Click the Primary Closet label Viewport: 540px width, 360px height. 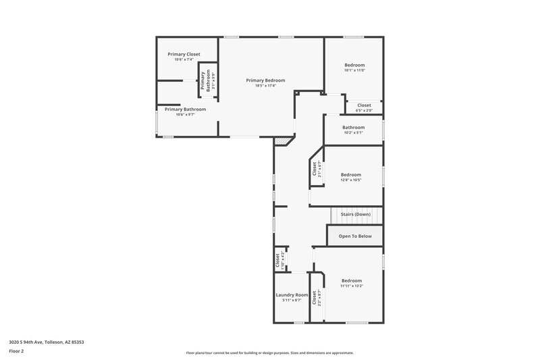[x=184, y=54]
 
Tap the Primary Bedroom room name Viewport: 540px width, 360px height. [x=265, y=80]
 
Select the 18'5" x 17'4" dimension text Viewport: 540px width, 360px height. [x=265, y=86]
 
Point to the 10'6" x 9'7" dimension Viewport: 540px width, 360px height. [x=185, y=115]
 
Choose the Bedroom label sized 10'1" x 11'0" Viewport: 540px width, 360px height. [x=354, y=65]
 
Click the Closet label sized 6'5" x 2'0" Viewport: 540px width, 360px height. [x=364, y=105]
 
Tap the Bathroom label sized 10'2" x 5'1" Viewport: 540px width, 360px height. [x=353, y=127]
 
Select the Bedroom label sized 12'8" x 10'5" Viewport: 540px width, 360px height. [x=351, y=174]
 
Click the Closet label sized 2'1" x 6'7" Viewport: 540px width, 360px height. [x=314, y=169]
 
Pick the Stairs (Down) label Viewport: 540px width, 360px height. [x=355, y=214]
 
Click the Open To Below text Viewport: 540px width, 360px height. [x=355, y=236]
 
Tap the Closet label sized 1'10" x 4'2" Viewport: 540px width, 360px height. [x=277, y=259]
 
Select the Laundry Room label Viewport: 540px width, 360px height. [x=292, y=294]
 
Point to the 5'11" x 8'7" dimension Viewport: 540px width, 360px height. [x=292, y=301]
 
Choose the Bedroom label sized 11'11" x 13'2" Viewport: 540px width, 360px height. [x=352, y=280]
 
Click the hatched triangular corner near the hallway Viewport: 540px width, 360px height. [x=283, y=141]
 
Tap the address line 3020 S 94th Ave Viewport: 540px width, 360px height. [x=47, y=342]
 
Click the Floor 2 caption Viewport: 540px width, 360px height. [x=17, y=351]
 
